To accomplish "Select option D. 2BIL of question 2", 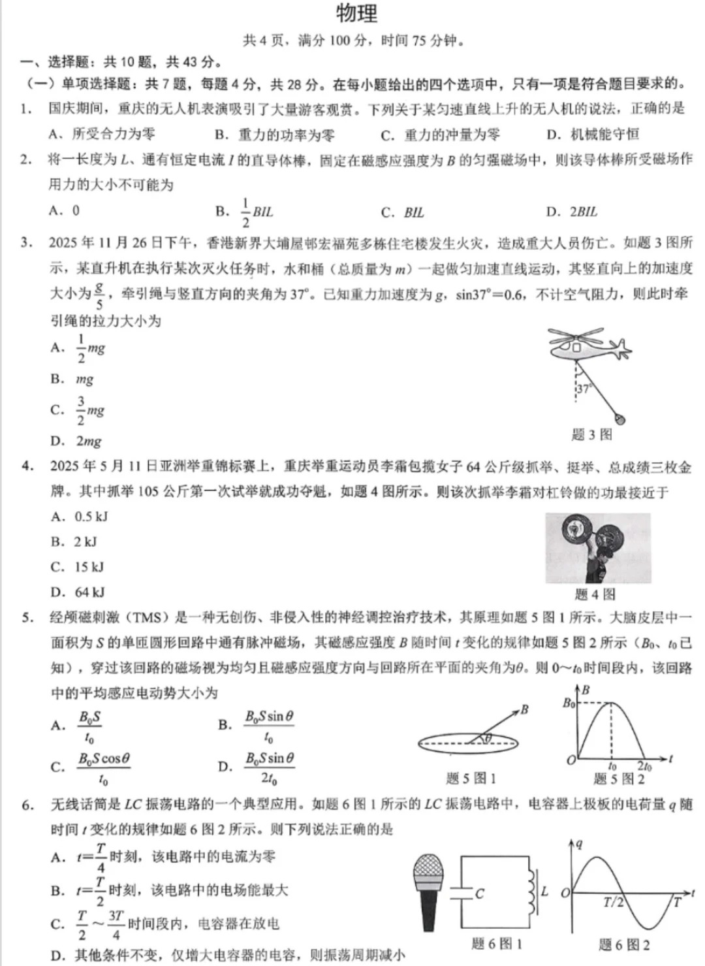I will [x=572, y=212].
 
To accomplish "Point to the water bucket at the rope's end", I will [x=621, y=418].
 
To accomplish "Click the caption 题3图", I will [x=591, y=434].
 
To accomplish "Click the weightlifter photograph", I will [x=598, y=548].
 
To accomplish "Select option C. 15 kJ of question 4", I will [x=77, y=567].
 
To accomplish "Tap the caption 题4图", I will [x=595, y=594].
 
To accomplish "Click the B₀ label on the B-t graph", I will [x=569, y=703].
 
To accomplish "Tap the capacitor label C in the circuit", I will [x=480, y=894].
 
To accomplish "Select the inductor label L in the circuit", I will [x=544, y=891].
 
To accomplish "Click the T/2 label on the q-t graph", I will [x=613, y=903].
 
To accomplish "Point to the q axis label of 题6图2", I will [x=578, y=844].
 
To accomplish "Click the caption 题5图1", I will [x=471, y=779].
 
